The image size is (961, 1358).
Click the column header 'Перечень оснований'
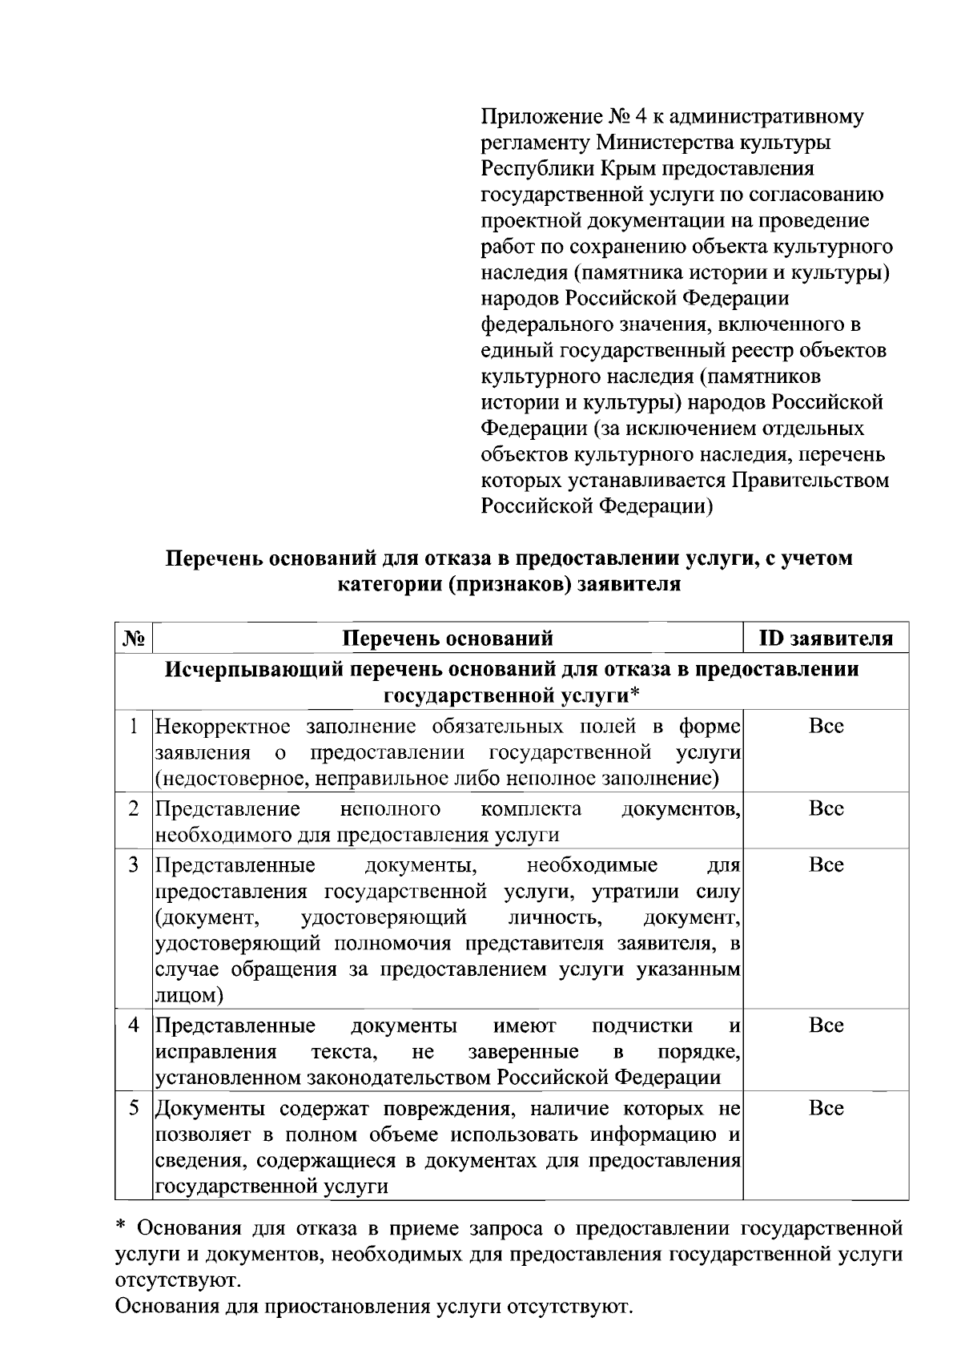(448, 639)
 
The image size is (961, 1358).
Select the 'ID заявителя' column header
(826, 639)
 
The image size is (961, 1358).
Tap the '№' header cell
(134, 639)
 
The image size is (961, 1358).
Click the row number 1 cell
(135, 727)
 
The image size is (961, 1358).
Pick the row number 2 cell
(135, 808)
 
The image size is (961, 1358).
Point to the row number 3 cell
(135, 865)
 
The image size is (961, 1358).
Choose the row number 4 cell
(135, 1026)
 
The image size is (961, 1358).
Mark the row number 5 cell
(135, 1108)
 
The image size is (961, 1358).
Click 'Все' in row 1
(826, 727)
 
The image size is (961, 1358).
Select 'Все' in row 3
(826, 865)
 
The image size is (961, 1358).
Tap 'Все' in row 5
(826, 1108)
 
